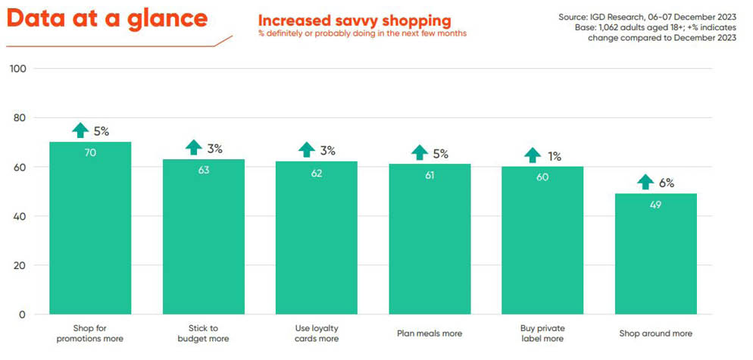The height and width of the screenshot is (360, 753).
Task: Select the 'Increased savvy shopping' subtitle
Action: (x=355, y=20)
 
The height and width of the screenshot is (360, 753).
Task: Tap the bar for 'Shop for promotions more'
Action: (x=90, y=227)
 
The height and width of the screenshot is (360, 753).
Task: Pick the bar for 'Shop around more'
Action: (x=656, y=253)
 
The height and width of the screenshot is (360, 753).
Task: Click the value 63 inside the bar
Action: (x=204, y=170)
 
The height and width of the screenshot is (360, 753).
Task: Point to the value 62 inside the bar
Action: (x=317, y=173)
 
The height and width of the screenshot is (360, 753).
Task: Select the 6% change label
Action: (x=667, y=183)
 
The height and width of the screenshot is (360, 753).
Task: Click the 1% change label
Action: (x=555, y=156)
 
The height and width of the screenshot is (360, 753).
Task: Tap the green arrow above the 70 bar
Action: (x=80, y=130)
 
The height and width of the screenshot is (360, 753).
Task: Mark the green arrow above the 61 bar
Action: (x=420, y=153)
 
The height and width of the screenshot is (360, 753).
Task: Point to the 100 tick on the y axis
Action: (x=17, y=69)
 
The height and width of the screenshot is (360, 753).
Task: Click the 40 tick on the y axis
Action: (x=20, y=217)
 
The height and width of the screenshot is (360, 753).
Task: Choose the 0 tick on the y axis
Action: (x=23, y=315)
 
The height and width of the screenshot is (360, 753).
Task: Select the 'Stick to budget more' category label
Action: (x=204, y=333)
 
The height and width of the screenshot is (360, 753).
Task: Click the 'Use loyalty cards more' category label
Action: (x=317, y=333)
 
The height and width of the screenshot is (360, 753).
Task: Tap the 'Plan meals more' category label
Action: (x=430, y=333)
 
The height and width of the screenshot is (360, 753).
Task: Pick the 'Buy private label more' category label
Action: (x=542, y=333)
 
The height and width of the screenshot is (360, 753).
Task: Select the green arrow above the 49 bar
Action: (x=645, y=182)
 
